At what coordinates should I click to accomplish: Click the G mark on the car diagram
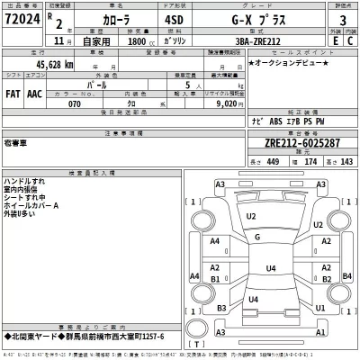click(257, 237)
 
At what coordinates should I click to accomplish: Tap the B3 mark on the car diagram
click(220, 309)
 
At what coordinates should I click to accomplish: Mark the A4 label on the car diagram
click(216, 242)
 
